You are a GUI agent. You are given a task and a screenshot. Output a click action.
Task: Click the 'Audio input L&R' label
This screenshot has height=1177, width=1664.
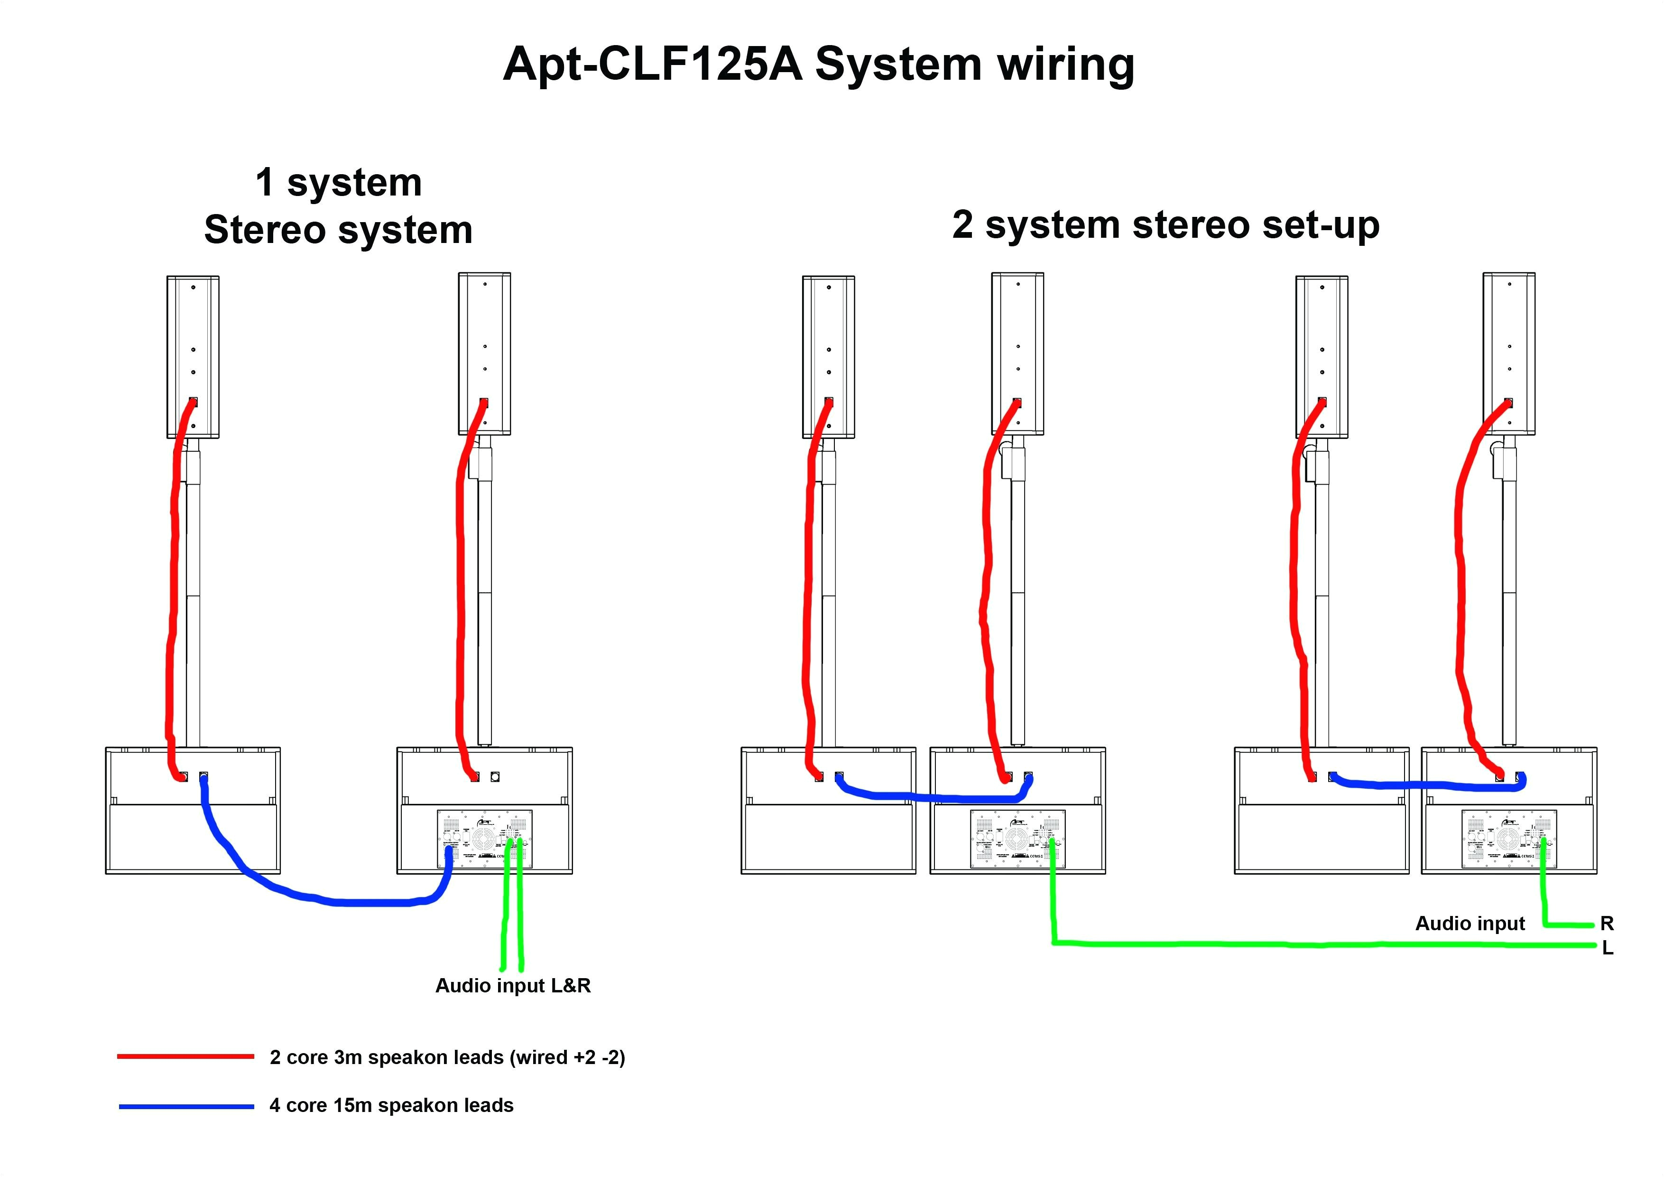[x=512, y=986]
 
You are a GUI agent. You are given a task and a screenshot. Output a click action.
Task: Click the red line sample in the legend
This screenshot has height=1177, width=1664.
[x=185, y=1056]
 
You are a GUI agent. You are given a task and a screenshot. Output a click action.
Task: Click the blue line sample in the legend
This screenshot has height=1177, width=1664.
[x=186, y=1107]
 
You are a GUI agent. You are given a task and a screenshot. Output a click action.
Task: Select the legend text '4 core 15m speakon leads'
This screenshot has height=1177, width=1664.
[x=391, y=1105]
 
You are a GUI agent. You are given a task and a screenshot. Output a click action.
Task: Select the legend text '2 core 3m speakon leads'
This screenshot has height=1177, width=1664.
[x=447, y=1057]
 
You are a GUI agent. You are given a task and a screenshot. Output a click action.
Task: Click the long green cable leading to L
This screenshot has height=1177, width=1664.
[x=1304, y=945]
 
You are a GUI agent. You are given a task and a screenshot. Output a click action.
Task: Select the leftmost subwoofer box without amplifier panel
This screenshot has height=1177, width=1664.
[x=193, y=834]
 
